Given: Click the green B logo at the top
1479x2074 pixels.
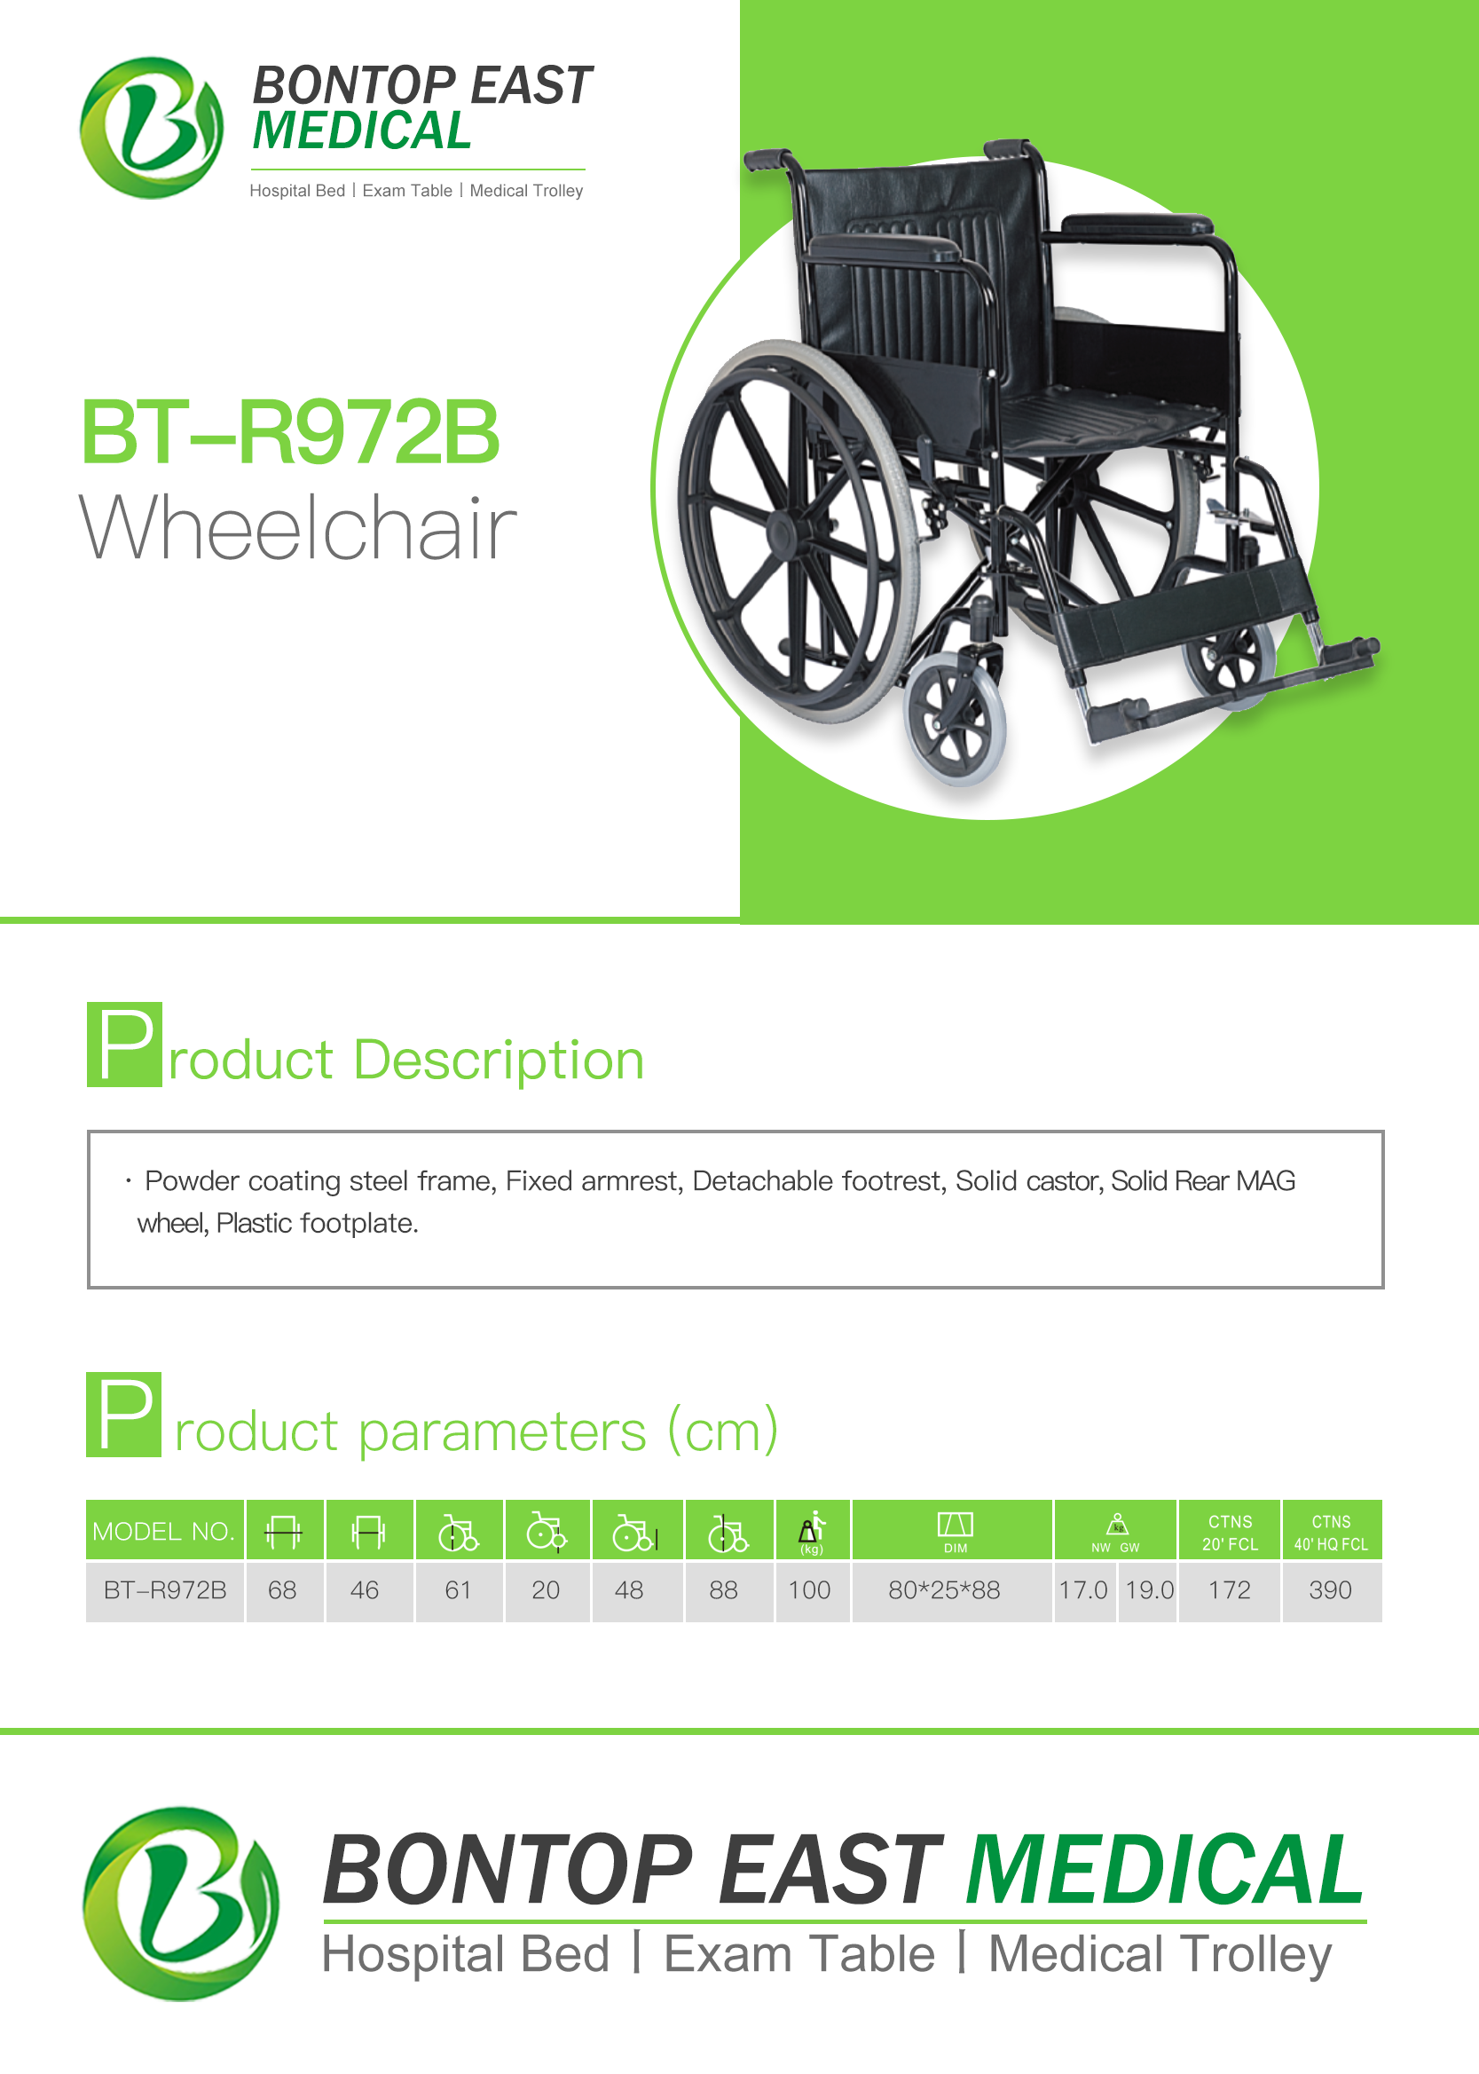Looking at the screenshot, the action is (151, 128).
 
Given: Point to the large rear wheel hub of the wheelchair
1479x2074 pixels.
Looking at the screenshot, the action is (781, 532).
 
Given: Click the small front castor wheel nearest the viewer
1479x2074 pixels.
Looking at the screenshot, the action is (955, 722).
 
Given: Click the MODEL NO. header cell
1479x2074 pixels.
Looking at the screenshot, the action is (165, 1530).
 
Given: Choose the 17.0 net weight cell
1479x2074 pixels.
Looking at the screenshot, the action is (1085, 1590).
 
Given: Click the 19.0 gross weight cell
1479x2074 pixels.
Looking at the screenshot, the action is (1148, 1590).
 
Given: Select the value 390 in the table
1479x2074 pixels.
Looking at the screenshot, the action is (1331, 1590).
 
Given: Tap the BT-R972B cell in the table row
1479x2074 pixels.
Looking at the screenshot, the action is (165, 1590).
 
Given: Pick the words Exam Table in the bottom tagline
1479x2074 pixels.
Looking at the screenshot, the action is (799, 1955).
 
